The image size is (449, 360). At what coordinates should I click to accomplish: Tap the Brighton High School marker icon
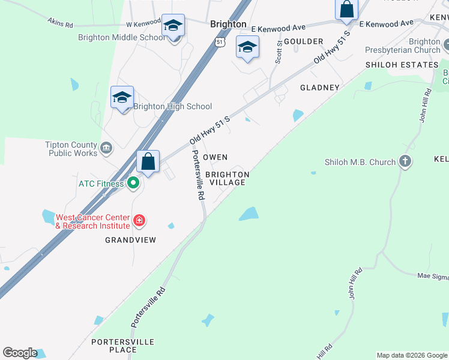click(122, 98)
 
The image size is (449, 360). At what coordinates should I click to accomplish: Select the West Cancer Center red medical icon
click(139, 221)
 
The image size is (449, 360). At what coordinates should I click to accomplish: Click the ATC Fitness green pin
click(133, 184)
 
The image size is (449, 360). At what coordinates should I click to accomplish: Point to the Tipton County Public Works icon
click(106, 148)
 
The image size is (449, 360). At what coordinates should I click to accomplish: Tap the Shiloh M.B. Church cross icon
click(405, 161)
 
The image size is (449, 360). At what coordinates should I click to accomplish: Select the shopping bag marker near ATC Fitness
click(148, 162)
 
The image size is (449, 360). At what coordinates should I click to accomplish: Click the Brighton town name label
click(228, 24)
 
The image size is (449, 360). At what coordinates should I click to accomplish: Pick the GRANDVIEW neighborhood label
click(130, 240)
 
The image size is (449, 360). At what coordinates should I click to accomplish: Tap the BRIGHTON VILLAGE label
click(227, 178)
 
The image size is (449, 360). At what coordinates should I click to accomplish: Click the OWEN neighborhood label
click(215, 157)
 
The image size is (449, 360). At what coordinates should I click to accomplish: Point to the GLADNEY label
click(320, 88)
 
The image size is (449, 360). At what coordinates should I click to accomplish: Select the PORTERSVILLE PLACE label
click(122, 346)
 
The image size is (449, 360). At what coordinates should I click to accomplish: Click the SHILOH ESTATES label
click(402, 65)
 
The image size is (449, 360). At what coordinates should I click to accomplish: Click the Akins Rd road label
click(60, 23)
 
